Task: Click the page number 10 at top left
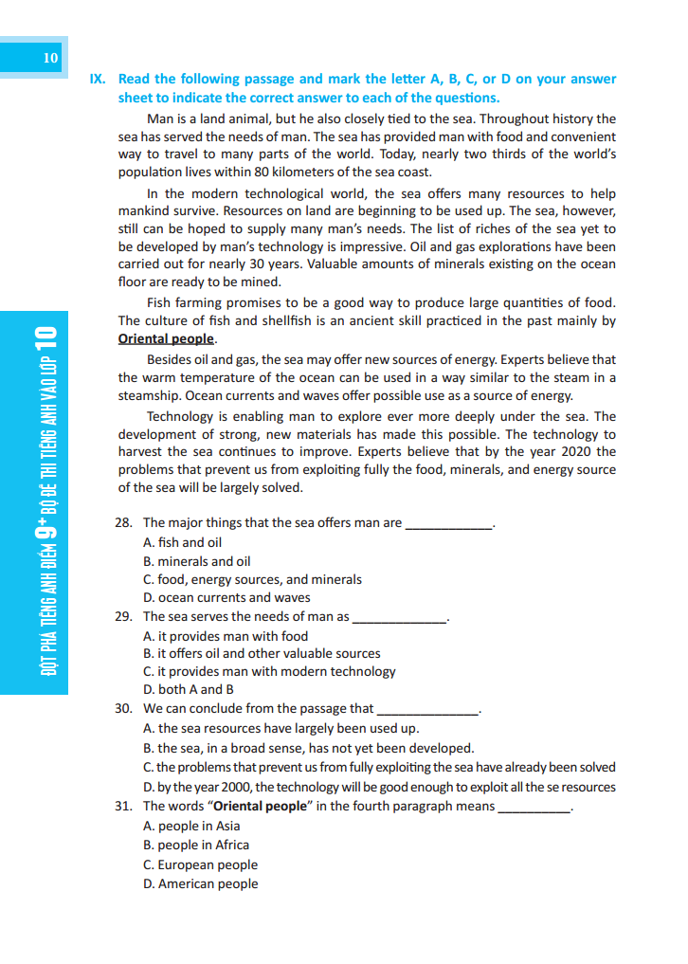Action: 51,59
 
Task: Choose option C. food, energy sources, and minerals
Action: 252,579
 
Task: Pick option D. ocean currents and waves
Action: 226,598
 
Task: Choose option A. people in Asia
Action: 191,826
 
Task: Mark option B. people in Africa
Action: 196,845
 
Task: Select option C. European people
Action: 200,864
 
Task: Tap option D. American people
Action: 200,883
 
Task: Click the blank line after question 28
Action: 448,524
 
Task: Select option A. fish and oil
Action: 182,542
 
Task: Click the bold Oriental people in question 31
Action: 261,807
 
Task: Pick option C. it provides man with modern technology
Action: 269,671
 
